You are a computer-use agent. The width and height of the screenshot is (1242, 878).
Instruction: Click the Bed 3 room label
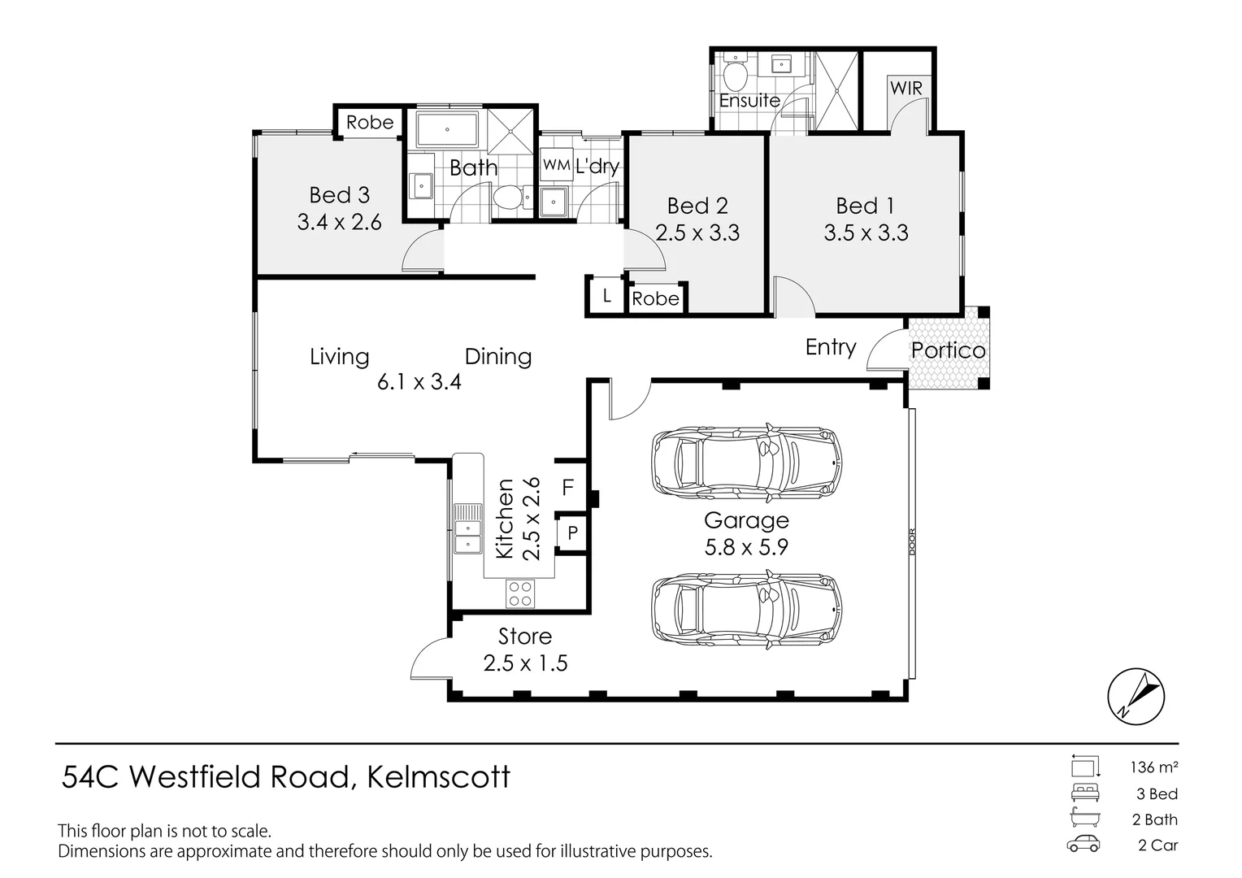point(339,195)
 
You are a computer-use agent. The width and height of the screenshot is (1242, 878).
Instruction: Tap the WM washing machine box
point(556,165)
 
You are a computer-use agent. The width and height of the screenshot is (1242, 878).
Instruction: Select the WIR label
point(906,88)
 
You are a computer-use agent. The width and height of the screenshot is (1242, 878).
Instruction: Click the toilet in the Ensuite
point(736,78)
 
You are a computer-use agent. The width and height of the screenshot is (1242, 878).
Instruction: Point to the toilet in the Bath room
point(508,198)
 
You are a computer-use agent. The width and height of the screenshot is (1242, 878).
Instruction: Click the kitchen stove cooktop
point(520,593)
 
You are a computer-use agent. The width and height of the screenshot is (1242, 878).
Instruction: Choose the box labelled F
point(568,488)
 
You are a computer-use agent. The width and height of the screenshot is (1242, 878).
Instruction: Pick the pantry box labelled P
point(572,533)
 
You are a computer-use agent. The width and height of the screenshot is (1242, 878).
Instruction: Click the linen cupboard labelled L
point(606,297)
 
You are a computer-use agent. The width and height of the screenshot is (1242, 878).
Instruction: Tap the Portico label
point(948,350)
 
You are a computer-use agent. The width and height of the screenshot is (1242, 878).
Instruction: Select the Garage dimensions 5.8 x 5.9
point(746,547)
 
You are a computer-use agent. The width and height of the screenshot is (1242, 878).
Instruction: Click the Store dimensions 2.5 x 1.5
point(525,663)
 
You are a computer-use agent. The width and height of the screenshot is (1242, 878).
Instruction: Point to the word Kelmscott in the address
point(439,777)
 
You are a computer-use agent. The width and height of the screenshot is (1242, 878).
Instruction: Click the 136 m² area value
point(1153,767)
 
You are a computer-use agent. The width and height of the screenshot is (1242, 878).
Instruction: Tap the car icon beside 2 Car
point(1083,845)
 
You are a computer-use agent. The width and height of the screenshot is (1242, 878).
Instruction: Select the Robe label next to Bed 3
point(370,122)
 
